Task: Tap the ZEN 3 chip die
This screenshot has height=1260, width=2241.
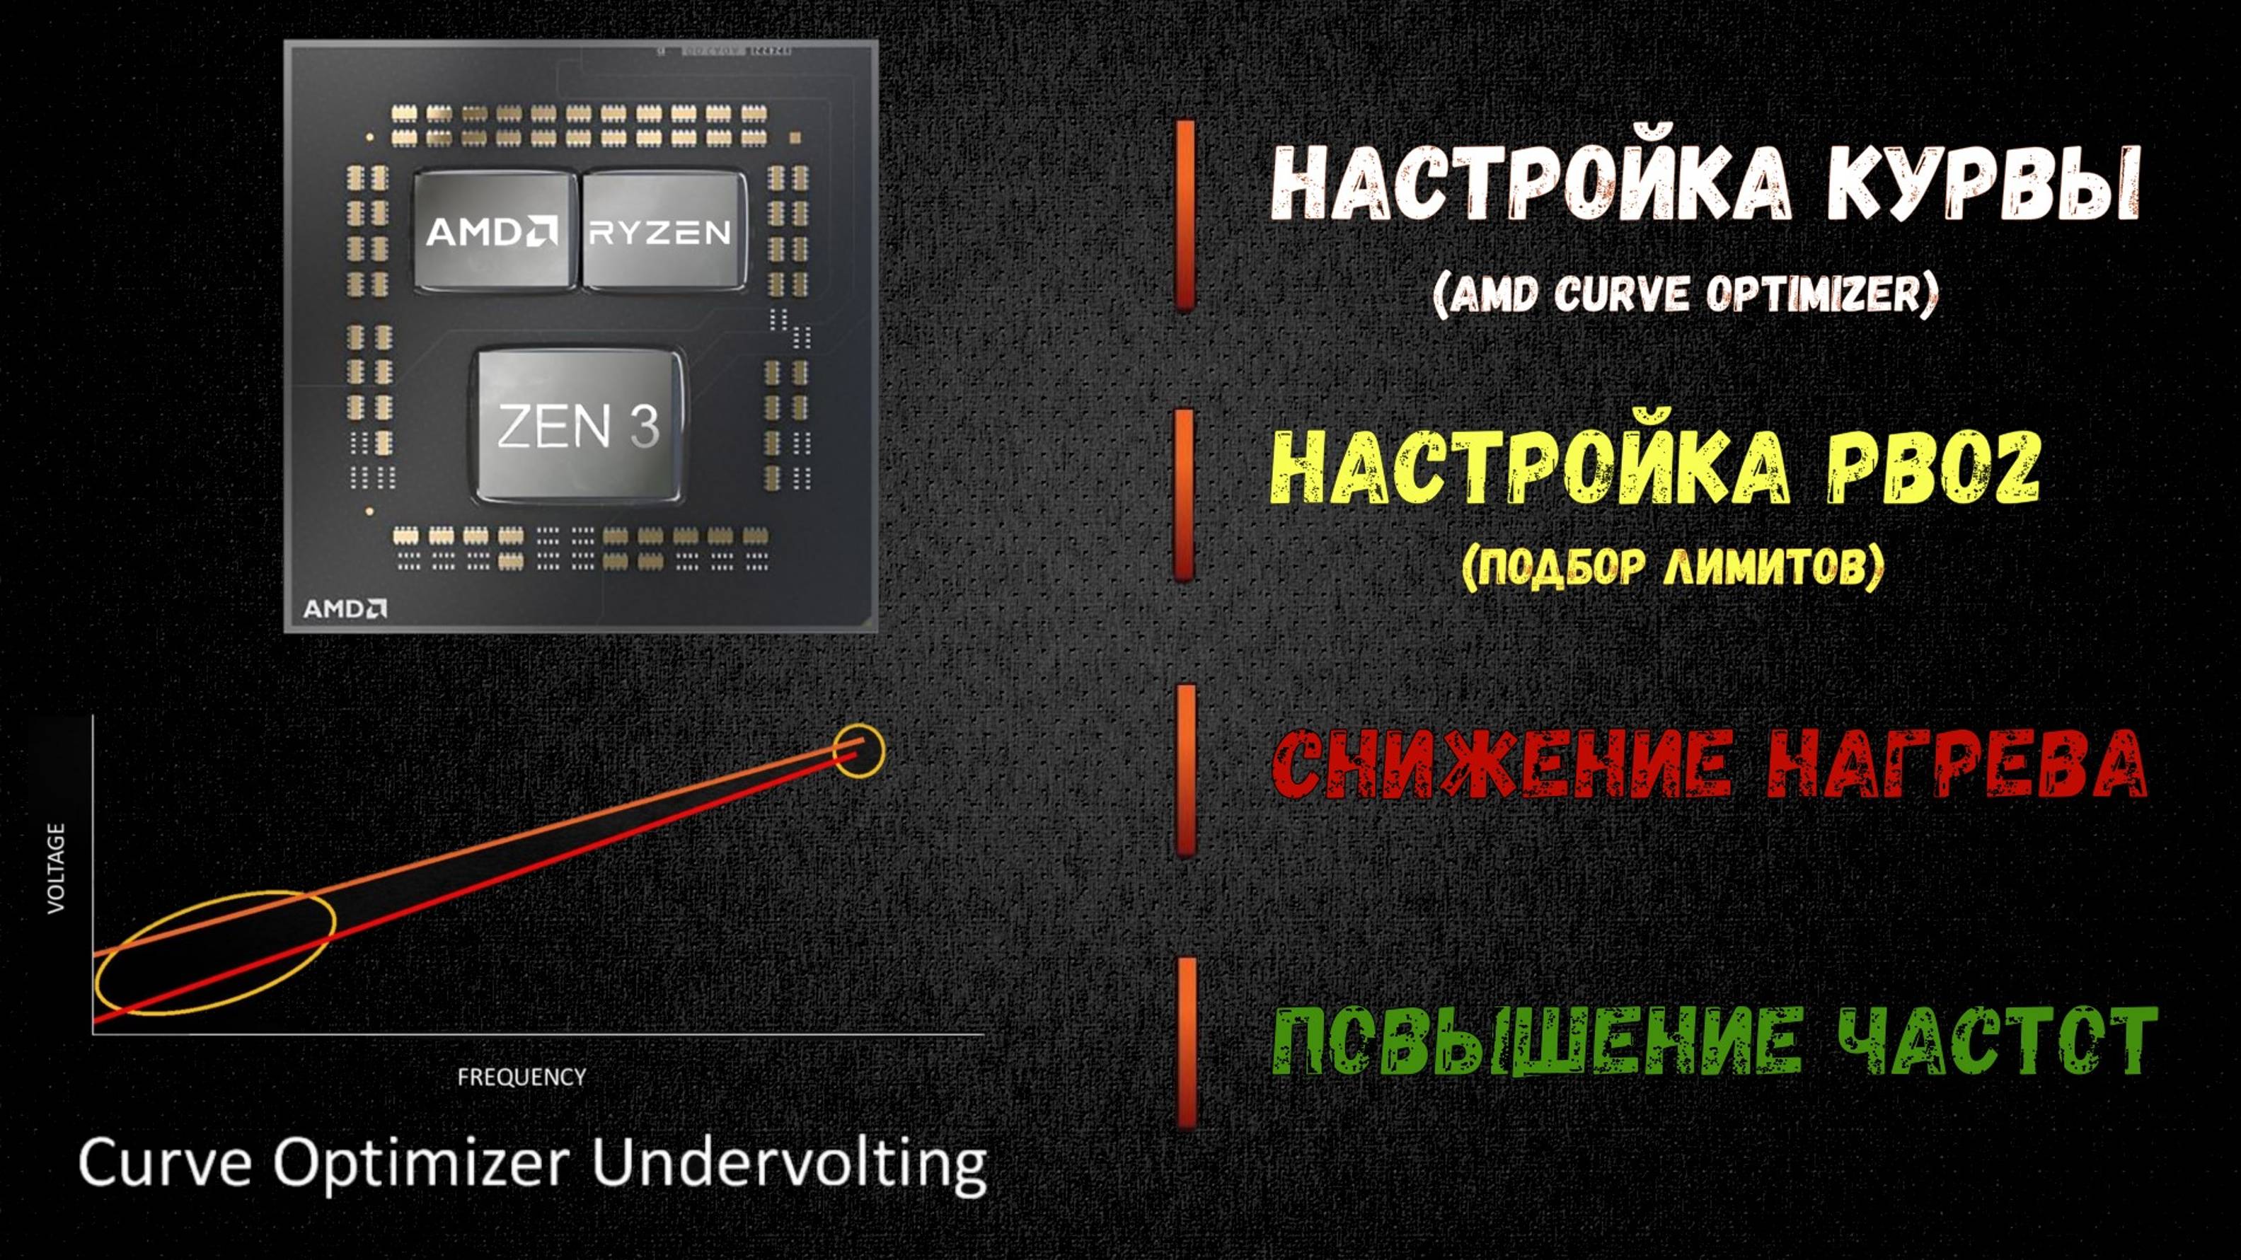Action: click(x=579, y=427)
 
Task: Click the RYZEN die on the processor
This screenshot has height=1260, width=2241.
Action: click(x=664, y=231)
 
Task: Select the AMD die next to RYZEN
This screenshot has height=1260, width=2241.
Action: click(x=494, y=231)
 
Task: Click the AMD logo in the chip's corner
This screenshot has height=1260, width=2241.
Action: click(x=345, y=608)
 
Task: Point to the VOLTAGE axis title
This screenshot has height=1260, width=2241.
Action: click(x=57, y=868)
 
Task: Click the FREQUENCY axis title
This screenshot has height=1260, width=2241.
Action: click(x=522, y=1077)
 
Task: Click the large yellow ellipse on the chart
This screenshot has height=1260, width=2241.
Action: click(x=216, y=953)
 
